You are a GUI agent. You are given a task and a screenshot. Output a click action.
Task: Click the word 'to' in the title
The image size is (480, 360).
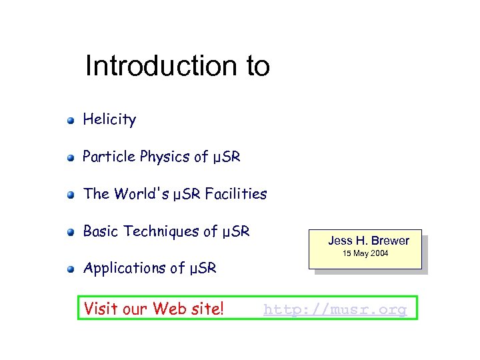tap(256, 66)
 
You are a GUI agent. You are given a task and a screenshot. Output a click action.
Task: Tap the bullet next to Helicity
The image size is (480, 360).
tap(70, 121)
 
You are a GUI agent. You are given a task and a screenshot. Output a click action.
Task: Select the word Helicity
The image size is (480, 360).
tap(109, 120)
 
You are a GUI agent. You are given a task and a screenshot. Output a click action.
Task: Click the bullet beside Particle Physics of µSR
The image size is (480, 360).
tap(70, 158)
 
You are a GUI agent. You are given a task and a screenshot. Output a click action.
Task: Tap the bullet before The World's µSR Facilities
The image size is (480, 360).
tap(70, 195)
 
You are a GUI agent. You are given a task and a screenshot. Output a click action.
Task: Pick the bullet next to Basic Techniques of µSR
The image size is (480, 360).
tap(70, 233)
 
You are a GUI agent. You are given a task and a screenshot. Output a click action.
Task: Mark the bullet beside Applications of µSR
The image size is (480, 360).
tap(70, 270)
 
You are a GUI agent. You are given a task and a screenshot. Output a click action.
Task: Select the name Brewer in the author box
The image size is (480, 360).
tap(390, 241)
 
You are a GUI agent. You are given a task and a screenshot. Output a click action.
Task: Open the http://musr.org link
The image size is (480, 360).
tap(335, 309)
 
